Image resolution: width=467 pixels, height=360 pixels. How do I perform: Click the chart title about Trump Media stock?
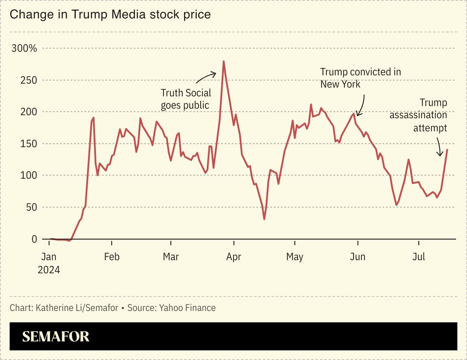[110, 14]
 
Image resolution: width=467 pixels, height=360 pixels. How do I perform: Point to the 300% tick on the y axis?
[25, 48]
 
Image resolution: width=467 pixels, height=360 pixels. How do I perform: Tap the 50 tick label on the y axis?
[31, 207]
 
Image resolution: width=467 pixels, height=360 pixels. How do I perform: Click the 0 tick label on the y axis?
[34, 239]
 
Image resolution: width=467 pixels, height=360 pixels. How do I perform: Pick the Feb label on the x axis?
[112, 257]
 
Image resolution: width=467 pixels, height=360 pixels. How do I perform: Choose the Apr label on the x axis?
[233, 257]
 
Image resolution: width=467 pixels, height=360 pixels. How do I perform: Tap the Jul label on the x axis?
[419, 257]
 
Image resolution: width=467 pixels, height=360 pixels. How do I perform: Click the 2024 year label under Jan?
[49, 270]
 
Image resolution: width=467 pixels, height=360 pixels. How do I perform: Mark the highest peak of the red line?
[223, 61]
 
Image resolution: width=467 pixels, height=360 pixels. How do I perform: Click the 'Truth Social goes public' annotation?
[186, 99]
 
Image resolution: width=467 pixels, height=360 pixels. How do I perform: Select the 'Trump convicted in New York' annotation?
[360, 78]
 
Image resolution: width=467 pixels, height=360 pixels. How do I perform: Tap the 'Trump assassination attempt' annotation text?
[418, 115]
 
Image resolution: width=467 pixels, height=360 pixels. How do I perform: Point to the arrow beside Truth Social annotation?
[206, 77]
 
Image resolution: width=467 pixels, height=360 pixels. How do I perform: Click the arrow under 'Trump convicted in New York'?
[361, 106]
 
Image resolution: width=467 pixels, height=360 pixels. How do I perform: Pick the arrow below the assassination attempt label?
[439, 147]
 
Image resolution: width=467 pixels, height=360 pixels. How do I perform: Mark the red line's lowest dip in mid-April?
[264, 219]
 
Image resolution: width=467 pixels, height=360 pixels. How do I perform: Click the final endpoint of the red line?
[447, 150]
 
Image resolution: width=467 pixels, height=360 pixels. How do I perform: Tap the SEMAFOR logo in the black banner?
[56, 336]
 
